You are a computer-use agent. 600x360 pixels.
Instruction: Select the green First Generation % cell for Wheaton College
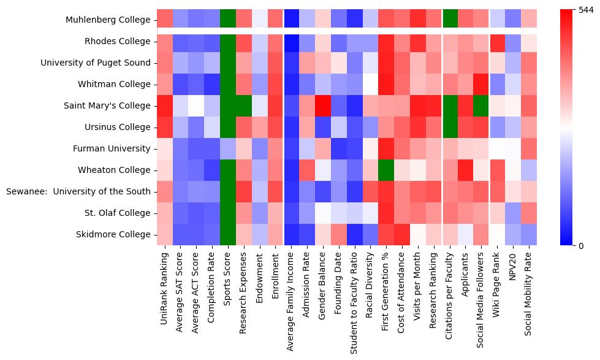387,170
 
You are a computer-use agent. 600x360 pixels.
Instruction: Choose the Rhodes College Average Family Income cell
292,42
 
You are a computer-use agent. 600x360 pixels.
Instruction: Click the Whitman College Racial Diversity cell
371,84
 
